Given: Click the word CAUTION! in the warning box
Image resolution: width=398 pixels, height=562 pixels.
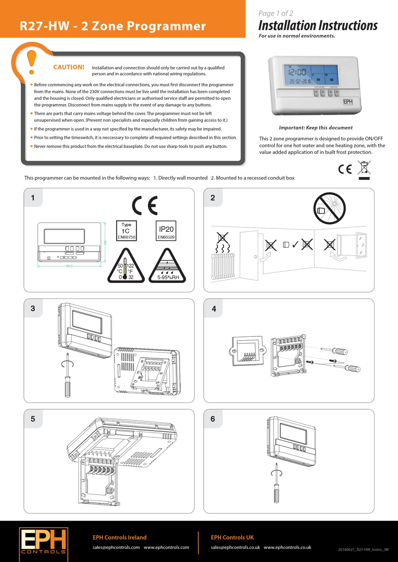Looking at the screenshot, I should pyautogui.click(x=69, y=67).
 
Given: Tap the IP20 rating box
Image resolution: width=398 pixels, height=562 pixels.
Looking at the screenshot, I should pyautogui.click(x=166, y=231).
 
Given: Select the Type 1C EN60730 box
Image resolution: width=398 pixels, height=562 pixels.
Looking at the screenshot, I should pyautogui.click(x=126, y=231).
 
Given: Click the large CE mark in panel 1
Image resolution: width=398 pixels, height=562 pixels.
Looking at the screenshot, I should pyautogui.click(x=145, y=205).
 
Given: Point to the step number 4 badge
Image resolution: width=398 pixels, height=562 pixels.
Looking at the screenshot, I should pyautogui.click(x=214, y=309).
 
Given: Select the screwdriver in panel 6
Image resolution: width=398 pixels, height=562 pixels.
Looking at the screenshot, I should pyautogui.click(x=277, y=488).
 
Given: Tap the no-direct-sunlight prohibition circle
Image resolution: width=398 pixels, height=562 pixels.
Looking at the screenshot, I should pyautogui.click(x=330, y=208).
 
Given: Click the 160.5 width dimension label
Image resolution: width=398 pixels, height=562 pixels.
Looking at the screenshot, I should pyautogui.click(x=69, y=266).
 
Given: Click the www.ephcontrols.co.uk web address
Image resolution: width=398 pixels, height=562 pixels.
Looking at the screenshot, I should pyautogui.click(x=287, y=547).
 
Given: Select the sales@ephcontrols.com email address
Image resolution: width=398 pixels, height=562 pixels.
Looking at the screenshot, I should pyautogui.click(x=116, y=547).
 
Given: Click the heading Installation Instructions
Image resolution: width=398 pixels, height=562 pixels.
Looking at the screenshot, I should pyautogui.click(x=318, y=26).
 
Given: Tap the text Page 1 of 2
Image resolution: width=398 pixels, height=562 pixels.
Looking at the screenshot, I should pyautogui.click(x=276, y=13).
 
